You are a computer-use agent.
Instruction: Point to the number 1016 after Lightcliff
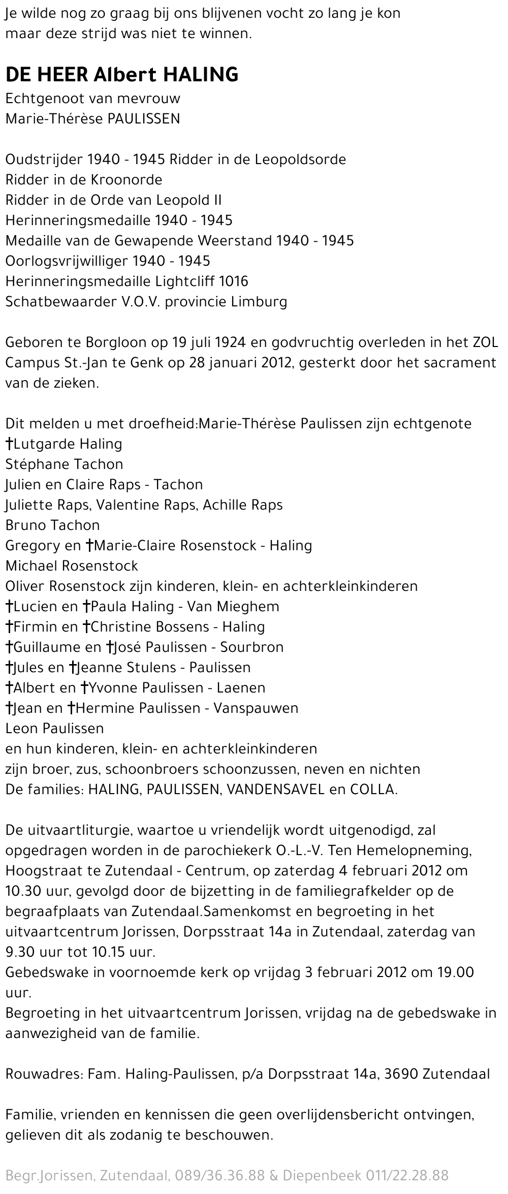[x=232, y=281]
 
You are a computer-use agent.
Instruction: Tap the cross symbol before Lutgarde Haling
[x=9, y=444]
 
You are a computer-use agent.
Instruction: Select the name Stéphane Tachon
[x=65, y=464]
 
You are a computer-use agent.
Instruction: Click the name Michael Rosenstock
[x=72, y=566]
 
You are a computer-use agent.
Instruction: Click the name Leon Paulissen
[x=55, y=729]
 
